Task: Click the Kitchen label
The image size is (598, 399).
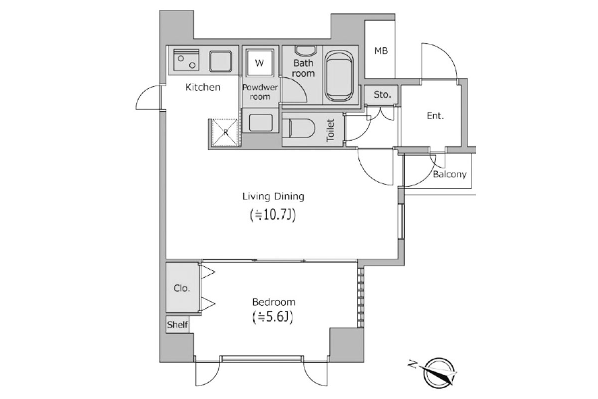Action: pyautogui.click(x=203, y=87)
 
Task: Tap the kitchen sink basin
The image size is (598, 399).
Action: pyautogui.click(x=220, y=61)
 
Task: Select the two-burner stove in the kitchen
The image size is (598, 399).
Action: pyautogui.click(x=186, y=60)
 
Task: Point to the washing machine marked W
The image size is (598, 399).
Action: pyautogui.click(x=260, y=63)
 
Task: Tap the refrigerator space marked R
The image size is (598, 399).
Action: pyautogui.click(x=225, y=133)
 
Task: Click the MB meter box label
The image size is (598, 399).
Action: pyautogui.click(x=381, y=51)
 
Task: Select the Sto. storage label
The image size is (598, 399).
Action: pyautogui.click(x=382, y=95)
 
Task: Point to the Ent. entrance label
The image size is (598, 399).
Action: pyautogui.click(x=435, y=116)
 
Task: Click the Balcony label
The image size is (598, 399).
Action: pyautogui.click(x=449, y=175)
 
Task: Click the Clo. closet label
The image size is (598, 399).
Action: pyautogui.click(x=182, y=288)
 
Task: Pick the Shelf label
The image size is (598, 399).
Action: pyautogui.click(x=177, y=325)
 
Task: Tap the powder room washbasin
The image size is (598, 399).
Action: pyautogui.click(x=261, y=123)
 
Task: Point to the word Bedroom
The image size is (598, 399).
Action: pyautogui.click(x=274, y=302)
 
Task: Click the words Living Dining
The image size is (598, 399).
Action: pyautogui.click(x=274, y=197)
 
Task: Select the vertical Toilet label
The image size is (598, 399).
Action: pyautogui.click(x=330, y=130)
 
